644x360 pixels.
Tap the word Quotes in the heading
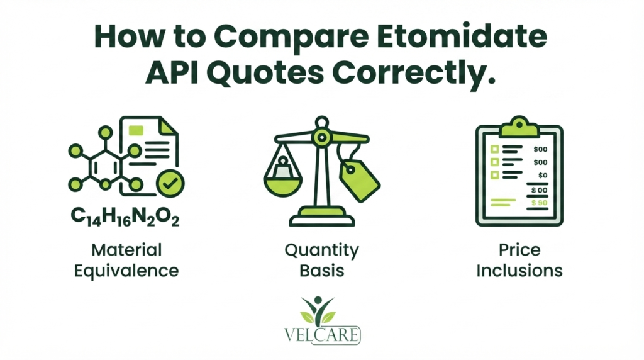265,73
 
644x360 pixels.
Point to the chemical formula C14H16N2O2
125,216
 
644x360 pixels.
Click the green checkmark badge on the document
170,183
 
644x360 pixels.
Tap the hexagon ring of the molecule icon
105,167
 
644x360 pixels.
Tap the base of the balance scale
321,217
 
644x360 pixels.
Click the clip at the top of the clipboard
519,127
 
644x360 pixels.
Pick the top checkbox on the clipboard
494,149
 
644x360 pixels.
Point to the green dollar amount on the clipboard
539,203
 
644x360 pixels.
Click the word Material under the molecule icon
126,250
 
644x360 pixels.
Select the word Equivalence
126,271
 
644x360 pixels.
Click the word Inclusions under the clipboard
519,271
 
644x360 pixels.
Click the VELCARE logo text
322,335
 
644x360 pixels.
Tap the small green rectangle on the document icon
136,130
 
